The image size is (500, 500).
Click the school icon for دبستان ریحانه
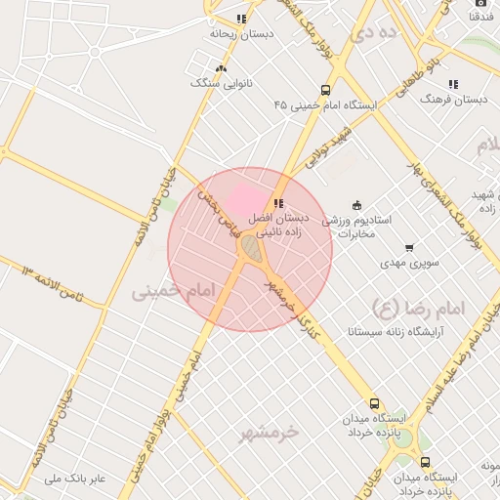[x=241, y=19]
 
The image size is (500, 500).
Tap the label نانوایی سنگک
[x=221, y=84]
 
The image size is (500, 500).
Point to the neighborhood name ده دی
[x=377, y=32]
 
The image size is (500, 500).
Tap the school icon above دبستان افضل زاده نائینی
[x=279, y=204]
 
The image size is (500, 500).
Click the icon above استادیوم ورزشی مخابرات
[x=356, y=205]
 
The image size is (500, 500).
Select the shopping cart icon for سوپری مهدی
[x=408, y=247]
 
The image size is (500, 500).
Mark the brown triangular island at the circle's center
[x=251, y=249]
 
